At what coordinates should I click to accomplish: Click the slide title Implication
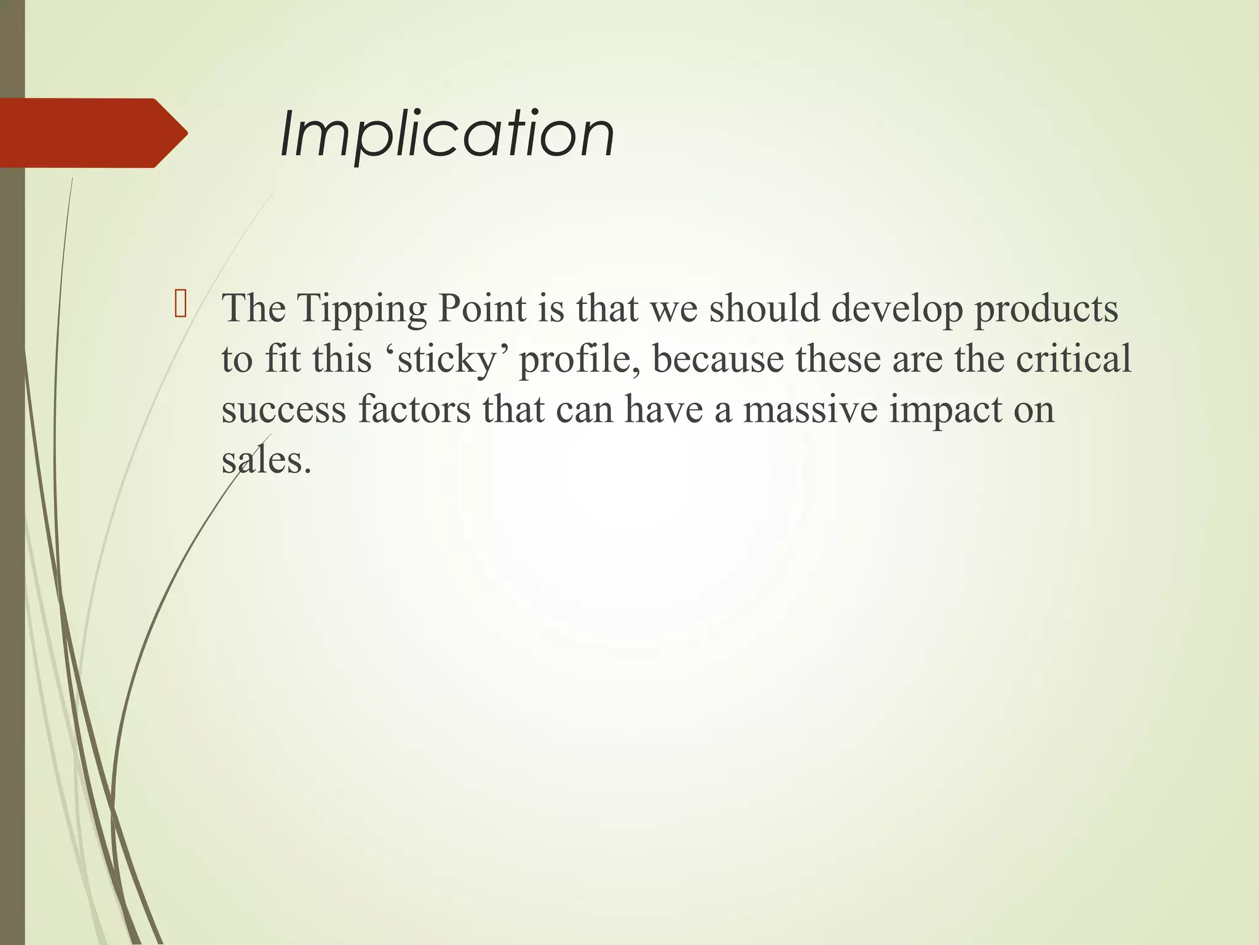pos(447,134)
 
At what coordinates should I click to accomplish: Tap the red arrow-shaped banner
pos(92,133)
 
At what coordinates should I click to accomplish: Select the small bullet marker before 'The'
pos(180,306)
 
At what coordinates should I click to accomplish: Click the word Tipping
pos(363,309)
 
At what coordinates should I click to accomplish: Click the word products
pos(1046,309)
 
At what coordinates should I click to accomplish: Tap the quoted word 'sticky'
pos(447,359)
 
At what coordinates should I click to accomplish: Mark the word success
pos(283,410)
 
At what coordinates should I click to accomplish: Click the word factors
pos(414,410)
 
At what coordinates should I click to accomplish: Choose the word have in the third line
pos(663,410)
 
